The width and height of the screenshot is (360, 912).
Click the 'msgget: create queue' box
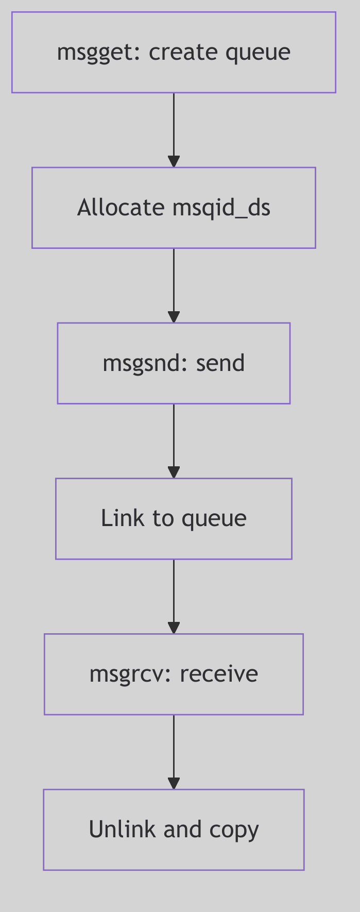pyautogui.click(x=174, y=53)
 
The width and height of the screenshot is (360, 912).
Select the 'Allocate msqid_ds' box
pyautogui.click(x=174, y=208)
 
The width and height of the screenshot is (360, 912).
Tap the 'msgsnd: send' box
pyautogui.click(x=174, y=363)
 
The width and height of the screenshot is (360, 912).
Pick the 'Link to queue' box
pyautogui.click(x=174, y=519)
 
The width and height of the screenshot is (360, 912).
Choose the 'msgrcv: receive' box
pyautogui.click(x=174, y=674)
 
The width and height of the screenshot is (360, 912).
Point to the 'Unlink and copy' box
pyautogui.click(x=174, y=830)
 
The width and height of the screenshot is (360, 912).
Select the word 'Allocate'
pyautogui.click(x=121, y=208)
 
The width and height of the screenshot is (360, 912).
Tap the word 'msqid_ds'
pyautogui.click(x=221, y=208)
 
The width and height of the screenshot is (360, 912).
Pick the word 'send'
pyautogui.click(x=220, y=363)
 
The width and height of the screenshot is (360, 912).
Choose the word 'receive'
pyautogui.click(x=219, y=674)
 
